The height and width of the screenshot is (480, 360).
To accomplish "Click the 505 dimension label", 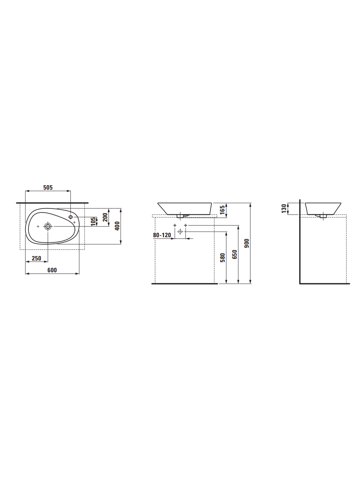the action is [48, 187].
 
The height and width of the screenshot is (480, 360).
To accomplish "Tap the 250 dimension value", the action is [37, 258].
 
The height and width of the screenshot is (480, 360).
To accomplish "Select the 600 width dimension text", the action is [52, 270].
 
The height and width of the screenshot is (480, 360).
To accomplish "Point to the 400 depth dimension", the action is [117, 226].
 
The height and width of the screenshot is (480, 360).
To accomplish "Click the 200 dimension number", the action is [105, 217].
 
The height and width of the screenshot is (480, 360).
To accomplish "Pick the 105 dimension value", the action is [93, 221].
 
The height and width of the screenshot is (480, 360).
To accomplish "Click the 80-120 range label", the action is [162, 235].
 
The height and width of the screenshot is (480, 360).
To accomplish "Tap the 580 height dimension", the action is [222, 258].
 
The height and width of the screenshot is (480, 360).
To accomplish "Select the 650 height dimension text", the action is [235, 255].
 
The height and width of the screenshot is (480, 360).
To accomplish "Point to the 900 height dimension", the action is [247, 243].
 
